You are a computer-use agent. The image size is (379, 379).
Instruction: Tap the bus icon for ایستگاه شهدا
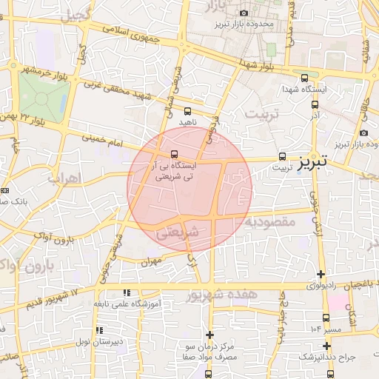304,78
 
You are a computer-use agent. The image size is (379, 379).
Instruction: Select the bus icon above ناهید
186,110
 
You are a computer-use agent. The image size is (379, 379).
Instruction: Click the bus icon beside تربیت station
282,156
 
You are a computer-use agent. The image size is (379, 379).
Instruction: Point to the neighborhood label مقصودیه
272,221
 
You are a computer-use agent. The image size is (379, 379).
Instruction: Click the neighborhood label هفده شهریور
221,295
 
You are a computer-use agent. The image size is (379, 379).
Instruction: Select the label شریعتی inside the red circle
178,232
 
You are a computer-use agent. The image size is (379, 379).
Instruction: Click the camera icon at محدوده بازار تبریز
244,13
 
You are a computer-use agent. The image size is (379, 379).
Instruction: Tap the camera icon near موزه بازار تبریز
363,133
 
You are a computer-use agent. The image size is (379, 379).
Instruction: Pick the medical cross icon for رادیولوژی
321,274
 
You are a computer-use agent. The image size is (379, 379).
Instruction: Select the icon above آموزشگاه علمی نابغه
127,292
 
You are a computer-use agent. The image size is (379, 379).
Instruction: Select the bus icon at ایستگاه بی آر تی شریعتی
174,154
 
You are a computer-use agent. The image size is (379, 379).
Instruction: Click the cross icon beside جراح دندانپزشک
326,345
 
